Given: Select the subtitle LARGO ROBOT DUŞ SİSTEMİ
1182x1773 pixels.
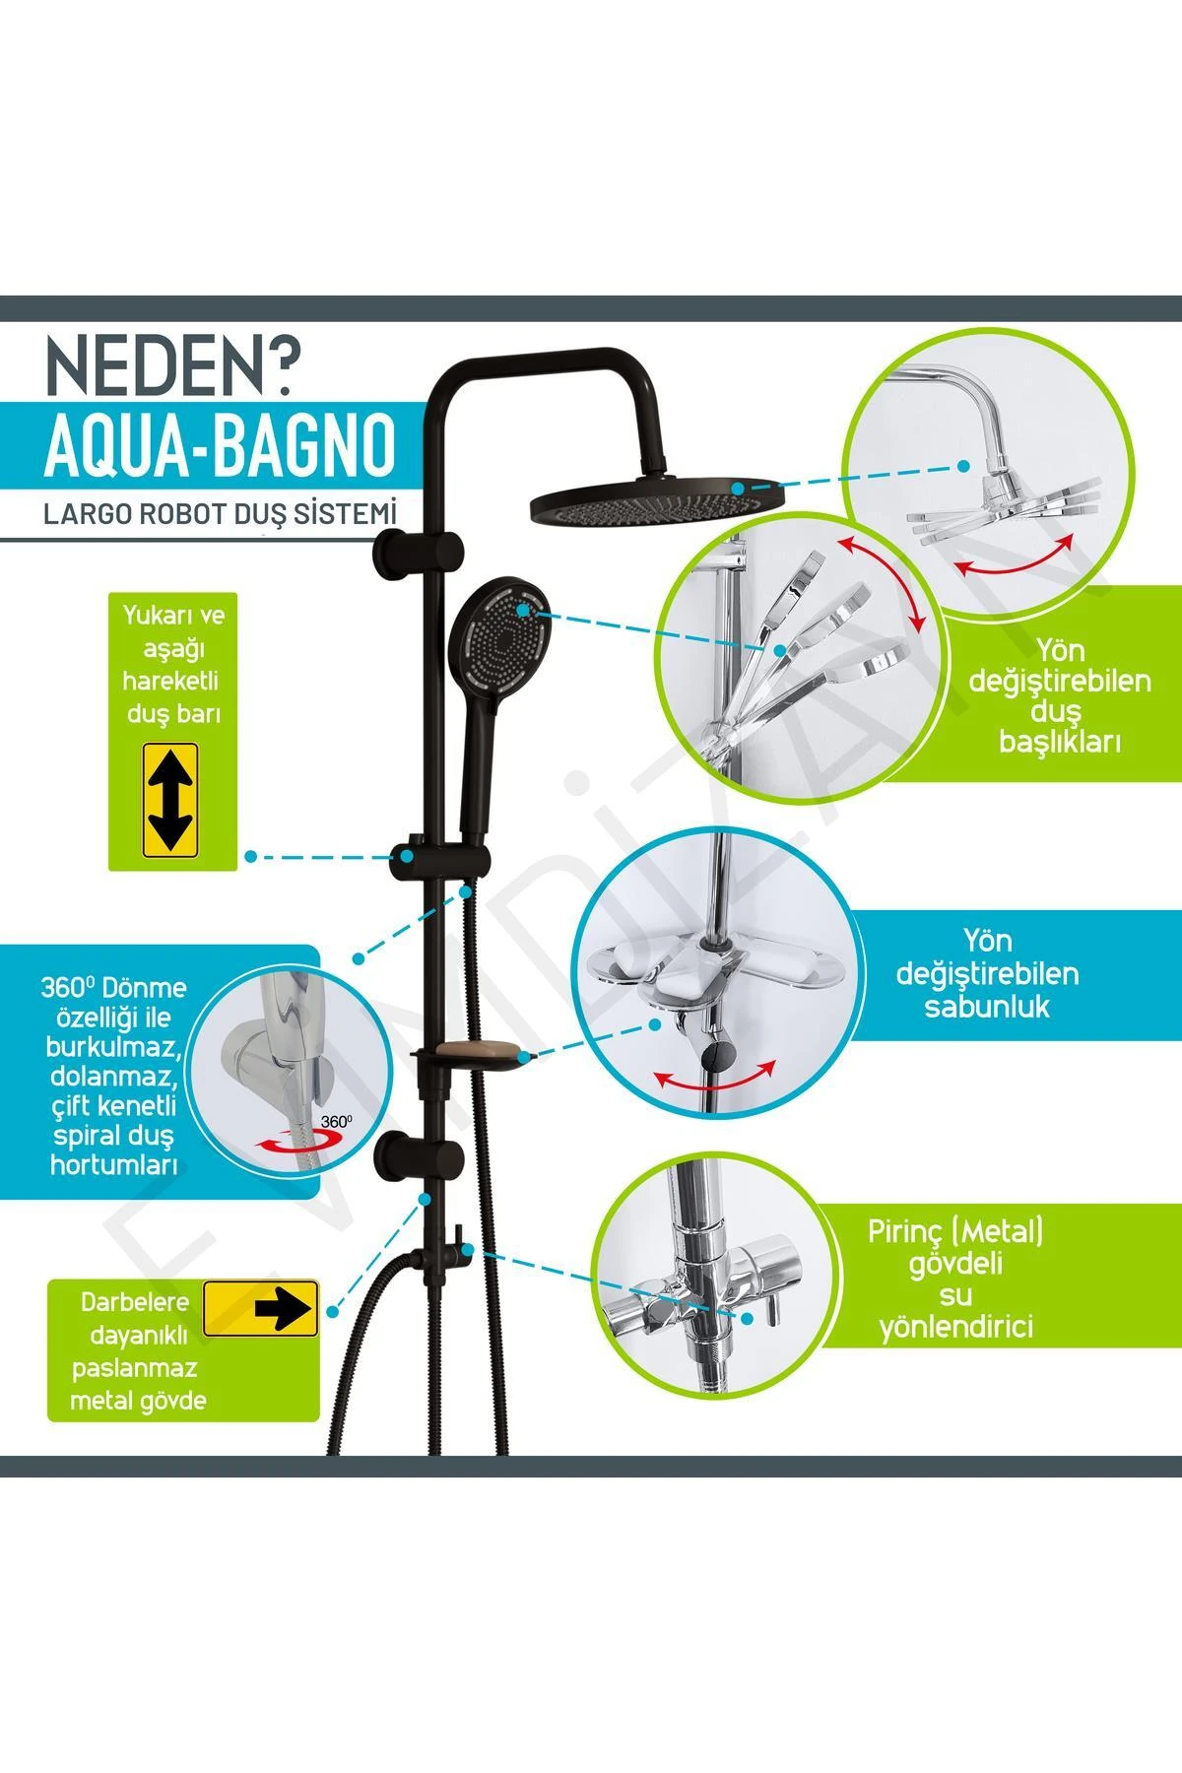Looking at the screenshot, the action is point(220,514).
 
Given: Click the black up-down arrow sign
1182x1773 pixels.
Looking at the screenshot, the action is point(170,800).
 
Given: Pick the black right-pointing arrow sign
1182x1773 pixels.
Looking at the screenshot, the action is point(261,1309).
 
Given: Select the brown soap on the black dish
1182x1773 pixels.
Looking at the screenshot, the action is point(471,1053).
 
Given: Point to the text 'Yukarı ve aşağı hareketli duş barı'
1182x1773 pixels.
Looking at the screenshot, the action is point(173,664).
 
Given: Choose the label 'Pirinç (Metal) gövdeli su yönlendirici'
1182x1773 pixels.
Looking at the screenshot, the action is point(955,1279).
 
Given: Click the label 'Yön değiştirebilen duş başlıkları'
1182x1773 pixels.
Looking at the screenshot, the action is point(1060,694).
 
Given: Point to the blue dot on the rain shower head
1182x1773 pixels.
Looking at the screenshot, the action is point(738,487).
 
